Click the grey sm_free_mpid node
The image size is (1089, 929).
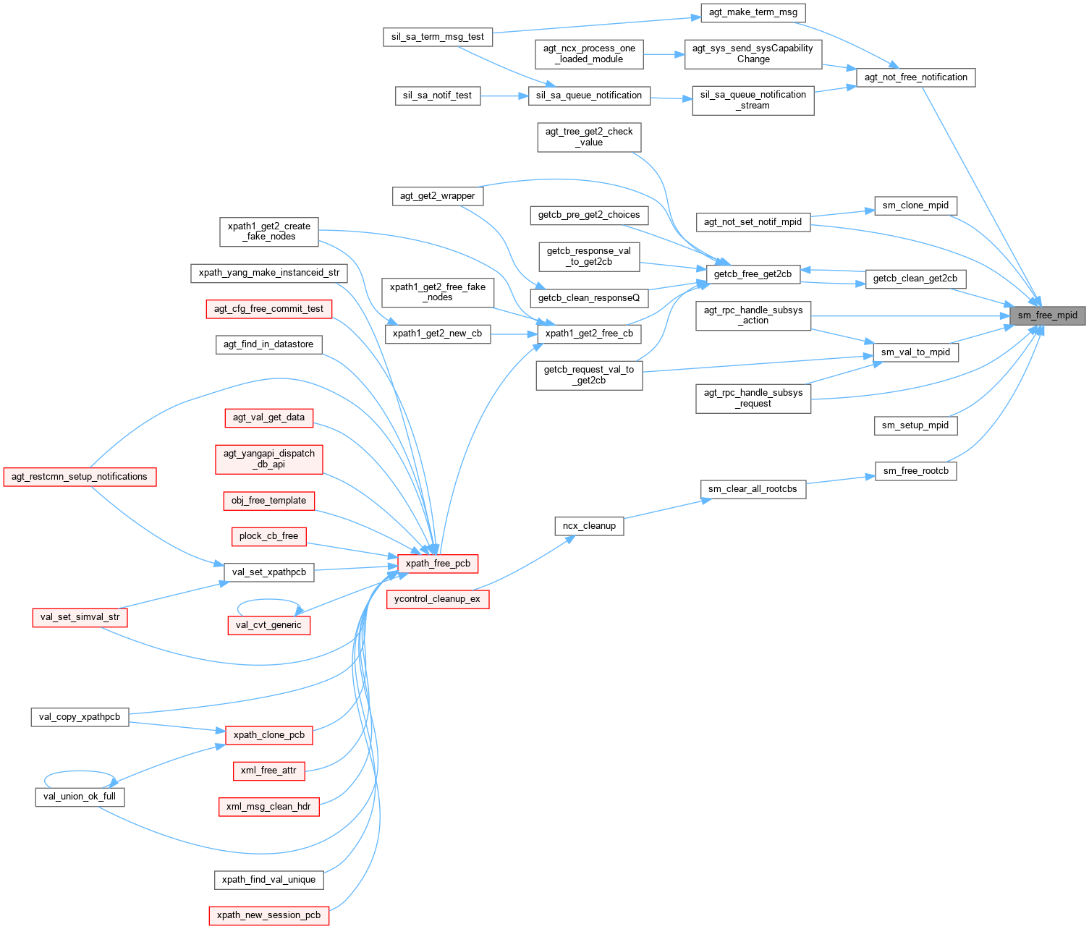click(x=1047, y=315)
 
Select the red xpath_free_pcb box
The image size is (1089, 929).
click(x=438, y=564)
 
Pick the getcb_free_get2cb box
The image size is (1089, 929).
click(x=753, y=274)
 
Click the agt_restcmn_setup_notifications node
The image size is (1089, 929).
click(x=80, y=477)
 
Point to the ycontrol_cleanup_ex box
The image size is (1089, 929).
click(x=438, y=599)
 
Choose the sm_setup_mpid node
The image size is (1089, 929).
click(x=915, y=425)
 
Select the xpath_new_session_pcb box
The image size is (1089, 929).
click(x=268, y=915)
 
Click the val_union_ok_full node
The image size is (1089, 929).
click(x=80, y=797)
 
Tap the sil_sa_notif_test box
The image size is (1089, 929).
click(x=437, y=96)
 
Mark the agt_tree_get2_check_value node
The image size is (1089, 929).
click(x=589, y=137)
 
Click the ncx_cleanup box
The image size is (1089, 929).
click(x=589, y=526)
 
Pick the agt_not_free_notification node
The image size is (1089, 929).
click(x=915, y=77)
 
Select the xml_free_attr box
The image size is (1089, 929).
click(x=268, y=771)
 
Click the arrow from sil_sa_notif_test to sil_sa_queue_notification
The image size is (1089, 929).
click(x=504, y=96)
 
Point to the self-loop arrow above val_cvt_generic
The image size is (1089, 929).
click(x=268, y=600)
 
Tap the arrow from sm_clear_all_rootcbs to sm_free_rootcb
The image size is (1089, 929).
click(x=840, y=480)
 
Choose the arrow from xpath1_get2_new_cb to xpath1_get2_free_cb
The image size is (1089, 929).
click(x=514, y=334)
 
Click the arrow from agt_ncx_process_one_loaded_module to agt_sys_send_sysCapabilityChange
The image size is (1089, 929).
click(x=664, y=54)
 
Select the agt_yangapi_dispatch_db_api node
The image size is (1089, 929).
click(x=268, y=459)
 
